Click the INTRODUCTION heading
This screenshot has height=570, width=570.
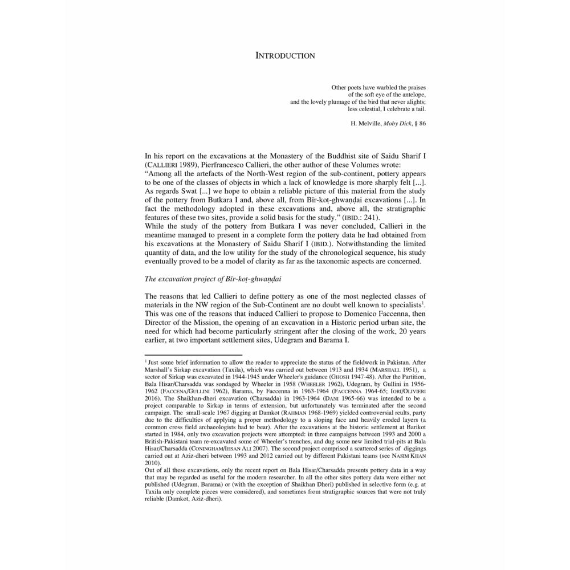(x=285, y=56)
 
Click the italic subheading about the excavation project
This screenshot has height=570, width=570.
(x=213, y=279)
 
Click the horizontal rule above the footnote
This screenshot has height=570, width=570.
(x=193, y=355)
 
